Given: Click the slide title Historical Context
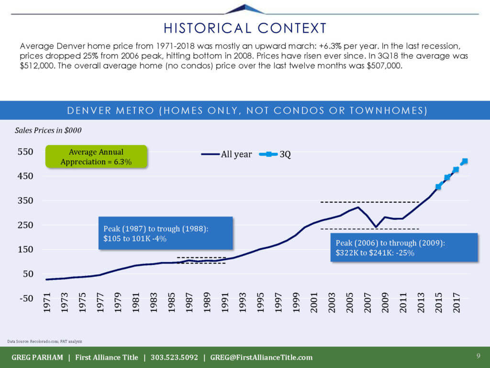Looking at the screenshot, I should [x=245, y=28].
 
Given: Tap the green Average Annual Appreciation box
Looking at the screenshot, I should [x=96, y=157].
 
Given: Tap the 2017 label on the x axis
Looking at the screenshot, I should [x=457, y=304].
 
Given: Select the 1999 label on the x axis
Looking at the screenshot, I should [x=296, y=304].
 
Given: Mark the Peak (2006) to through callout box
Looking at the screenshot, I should [x=404, y=248].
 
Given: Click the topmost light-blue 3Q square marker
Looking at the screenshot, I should [x=465, y=161].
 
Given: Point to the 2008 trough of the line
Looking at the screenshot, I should [x=376, y=227].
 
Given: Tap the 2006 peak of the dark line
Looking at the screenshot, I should [x=358, y=207].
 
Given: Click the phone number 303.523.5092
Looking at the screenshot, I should [x=174, y=357].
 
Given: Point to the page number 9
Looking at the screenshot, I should [x=478, y=356].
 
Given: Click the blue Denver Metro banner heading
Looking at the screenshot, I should [x=245, y=111].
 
